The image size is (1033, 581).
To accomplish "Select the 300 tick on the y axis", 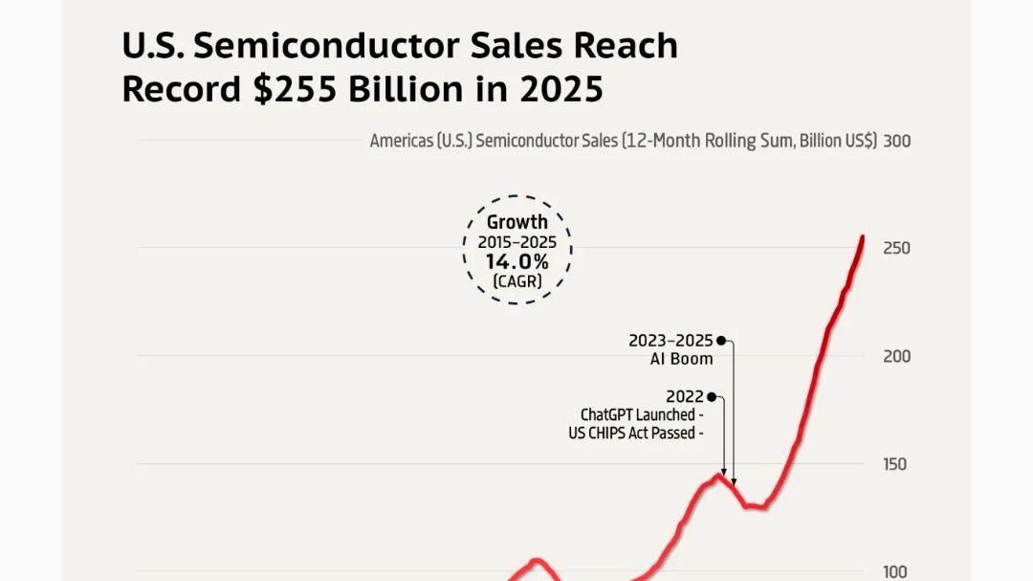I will (896, 141).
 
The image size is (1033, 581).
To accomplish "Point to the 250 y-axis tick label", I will (896, 248).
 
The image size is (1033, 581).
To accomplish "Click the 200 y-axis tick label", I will (896, 356).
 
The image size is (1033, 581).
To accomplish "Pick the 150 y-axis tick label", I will (895, 464).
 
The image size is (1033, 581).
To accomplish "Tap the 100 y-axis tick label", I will (895, 571).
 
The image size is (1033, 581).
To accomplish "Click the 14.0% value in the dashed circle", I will (516, 261).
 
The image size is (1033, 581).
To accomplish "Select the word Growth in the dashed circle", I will (517, 222).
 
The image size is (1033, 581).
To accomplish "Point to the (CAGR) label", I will (516, 281).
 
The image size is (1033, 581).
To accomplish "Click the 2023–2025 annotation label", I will (670, 340).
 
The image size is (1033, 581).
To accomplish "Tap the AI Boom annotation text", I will (681, 359).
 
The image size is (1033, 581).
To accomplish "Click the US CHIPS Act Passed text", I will (635, 433).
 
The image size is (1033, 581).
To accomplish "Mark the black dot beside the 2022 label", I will (712, 396).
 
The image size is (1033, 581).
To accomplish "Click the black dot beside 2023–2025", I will (721, 340).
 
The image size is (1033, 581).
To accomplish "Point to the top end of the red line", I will (863, 237).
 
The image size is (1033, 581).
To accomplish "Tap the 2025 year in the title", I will (561, 89).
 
